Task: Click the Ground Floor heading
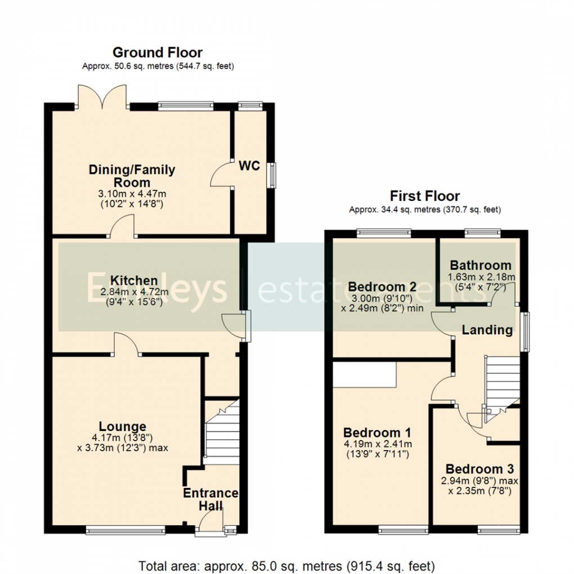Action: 158,53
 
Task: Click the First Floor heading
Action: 425,196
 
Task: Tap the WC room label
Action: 249,166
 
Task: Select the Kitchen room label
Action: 134,280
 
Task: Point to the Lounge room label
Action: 123,427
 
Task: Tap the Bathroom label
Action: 481,265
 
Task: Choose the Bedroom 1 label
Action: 377,433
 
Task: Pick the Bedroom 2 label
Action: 382,286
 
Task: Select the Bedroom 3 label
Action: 479,469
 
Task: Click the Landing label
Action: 487,330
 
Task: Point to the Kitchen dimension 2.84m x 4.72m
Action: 134,292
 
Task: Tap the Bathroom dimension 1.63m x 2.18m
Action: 481,277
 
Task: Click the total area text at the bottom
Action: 287,565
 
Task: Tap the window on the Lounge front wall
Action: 125,530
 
